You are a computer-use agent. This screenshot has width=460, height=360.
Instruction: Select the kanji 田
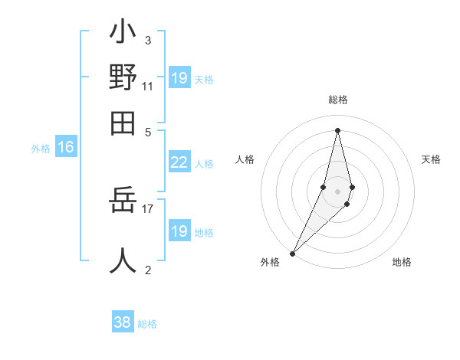pos(123,123)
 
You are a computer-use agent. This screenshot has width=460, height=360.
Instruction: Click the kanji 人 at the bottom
pos(123,260)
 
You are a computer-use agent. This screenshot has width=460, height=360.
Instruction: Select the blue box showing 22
pos(179,162)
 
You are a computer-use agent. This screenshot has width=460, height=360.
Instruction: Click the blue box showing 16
pos(66,148)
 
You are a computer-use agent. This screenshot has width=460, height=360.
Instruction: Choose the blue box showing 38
pos(123,322)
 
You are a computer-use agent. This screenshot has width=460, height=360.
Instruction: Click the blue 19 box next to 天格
pos(179,78)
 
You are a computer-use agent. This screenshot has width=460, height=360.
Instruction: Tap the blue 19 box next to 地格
pos(179,231)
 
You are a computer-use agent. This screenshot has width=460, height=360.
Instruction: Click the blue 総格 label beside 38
pos(147,324)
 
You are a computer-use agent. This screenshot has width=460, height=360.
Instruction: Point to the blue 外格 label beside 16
pos(41,149)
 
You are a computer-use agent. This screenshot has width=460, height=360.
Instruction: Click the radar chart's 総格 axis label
pos(338,100)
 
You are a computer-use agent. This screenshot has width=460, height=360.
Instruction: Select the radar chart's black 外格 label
pos(270,262)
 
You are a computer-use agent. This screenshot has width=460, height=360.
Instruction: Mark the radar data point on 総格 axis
pos(338,130)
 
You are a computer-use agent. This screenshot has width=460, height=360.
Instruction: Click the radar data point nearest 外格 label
pos(293,253)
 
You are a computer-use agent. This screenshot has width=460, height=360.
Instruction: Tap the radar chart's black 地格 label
pos(402,262)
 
